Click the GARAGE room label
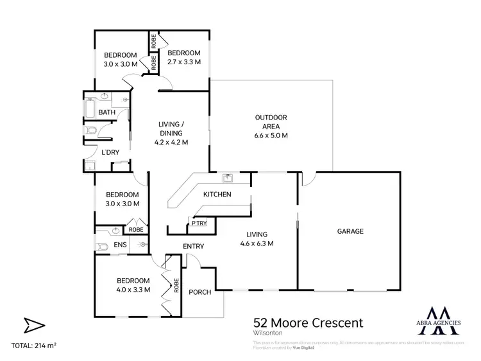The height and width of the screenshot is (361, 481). tap(350, 231)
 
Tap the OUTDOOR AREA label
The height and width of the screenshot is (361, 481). tap(271, 118)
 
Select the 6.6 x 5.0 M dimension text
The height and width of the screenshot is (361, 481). tap(271, 136)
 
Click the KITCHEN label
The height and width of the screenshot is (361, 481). tap(217, 195)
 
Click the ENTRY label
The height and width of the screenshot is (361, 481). tap(193, 247)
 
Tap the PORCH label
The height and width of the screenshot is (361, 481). tap(201, 292)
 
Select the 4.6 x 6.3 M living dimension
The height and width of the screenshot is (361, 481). tap(257, 243)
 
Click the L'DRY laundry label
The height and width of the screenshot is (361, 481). tap(111, 152)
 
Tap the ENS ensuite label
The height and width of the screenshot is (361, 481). tap(120, 245)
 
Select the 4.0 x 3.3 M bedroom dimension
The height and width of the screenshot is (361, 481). tap(133, 290)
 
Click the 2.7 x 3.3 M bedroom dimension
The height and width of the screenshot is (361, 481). tap(183, 62)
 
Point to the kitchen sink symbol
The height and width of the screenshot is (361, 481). tap(227, 178)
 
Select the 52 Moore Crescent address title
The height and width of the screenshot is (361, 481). tap(300, 322)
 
